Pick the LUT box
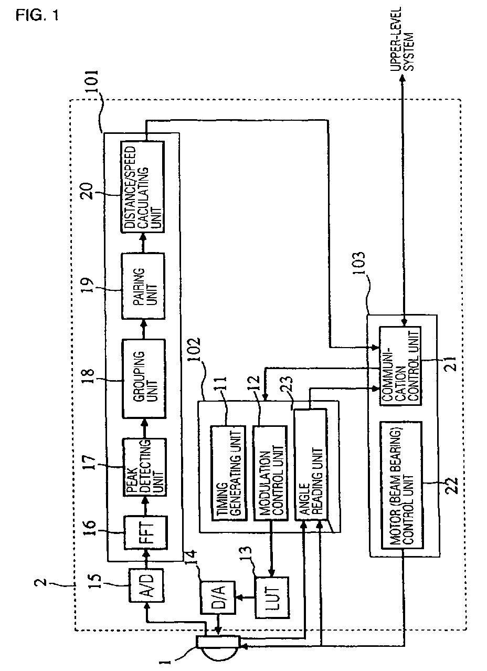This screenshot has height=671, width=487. click(x=272, y=597)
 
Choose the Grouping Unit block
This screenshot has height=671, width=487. click(x=144, y=379)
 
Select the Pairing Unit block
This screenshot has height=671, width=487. click(x=143, y=286)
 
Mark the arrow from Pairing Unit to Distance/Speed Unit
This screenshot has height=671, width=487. click(x=143, y=243)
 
